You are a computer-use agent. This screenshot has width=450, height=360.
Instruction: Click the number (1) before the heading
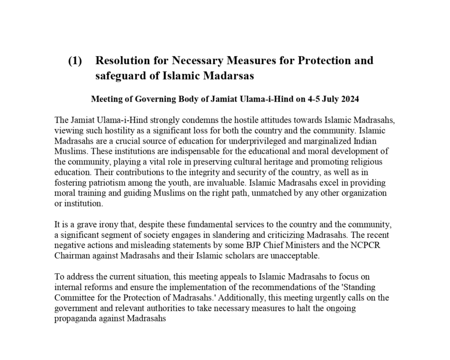click(x=75, y=61)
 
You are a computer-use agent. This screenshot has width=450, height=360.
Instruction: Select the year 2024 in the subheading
click(x=349, y=99)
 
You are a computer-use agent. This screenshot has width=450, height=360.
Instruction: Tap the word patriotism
click(x=102, y=182)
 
